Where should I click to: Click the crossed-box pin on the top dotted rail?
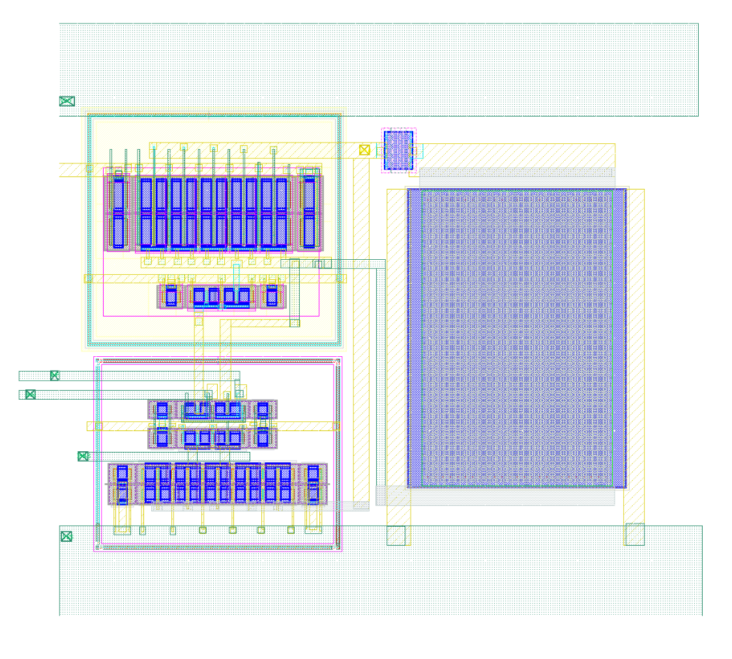click(67, 101)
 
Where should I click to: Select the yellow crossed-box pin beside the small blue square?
click(364, 150)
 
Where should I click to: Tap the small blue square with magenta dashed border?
click(398, 150)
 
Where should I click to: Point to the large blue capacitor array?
click(516, 338)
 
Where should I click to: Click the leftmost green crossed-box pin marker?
click(30, 394)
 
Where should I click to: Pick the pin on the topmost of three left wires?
click(55, 375)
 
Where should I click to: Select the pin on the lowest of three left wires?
click(83, 456)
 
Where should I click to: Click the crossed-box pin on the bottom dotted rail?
click(66, 536)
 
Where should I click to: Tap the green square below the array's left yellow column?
click(396, 535)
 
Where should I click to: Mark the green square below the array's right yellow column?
click(634, 534)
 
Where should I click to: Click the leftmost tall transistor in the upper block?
click(118, 212)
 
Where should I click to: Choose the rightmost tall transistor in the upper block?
click(310, 212)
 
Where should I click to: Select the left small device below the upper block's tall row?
click(171, 296)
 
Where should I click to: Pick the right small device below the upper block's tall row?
click(272, 296)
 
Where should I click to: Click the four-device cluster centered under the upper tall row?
click(222, 297)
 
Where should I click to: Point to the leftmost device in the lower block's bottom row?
click(122, 484)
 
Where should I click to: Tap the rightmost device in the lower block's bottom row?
click(313, 484)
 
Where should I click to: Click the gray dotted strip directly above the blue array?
click(516, 173)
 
